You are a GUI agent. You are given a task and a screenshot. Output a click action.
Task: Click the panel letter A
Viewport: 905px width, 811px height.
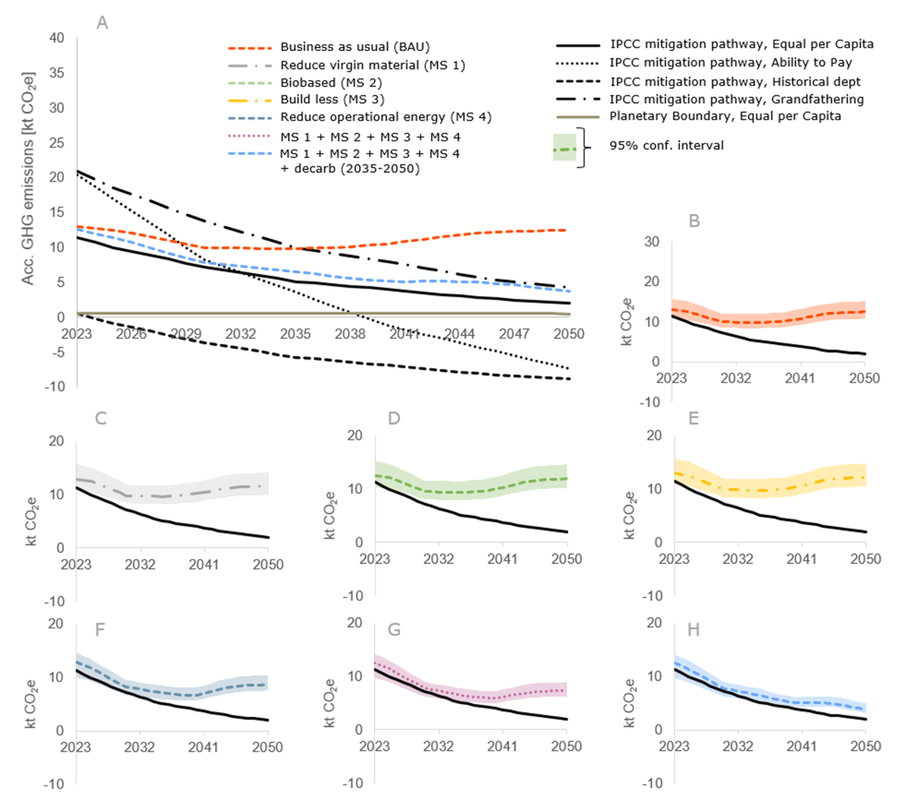pyautogui.click(x=103, y=23)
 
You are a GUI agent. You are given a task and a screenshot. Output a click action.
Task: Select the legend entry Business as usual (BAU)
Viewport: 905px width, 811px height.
pyautogui.click(x=354, y=47)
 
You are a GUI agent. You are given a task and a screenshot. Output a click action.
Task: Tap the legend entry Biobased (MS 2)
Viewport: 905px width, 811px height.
pyautogui.click(x=331, y=82)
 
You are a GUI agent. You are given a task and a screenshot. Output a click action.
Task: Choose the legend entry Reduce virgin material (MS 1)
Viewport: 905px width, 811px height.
pyautogui.click(x=373, y=65)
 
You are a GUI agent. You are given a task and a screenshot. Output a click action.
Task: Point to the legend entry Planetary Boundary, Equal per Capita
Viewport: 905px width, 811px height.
pyautogui.click(x=725, y=116)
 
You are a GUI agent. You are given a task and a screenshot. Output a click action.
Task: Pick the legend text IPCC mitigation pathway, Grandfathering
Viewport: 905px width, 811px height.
pyautogui.click(x=737, y=99)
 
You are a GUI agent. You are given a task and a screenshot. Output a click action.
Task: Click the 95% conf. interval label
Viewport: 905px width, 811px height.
pyautogui.click(x=666, y=145)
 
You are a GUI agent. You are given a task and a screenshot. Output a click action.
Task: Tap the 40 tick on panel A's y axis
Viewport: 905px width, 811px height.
pyautogui.click(x=57, y=38)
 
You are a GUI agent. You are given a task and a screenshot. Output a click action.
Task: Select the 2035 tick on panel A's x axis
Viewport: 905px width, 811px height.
pyautogui.click(x=295, y=333)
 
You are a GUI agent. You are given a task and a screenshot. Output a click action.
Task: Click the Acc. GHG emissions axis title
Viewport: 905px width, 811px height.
pyautogui.click(x=29, y=179)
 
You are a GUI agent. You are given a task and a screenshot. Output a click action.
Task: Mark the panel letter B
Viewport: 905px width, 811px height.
pyautogui.click(x=695, y=221)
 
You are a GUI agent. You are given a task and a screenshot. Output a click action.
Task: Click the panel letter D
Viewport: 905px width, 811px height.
pyautogui.click(x=394, y=418)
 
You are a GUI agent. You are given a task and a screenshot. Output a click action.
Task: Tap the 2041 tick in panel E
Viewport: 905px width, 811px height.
pyautogui.click(x=802, y=559)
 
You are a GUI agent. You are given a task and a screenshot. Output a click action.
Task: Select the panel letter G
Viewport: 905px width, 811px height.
pyautogui.click(x=394, y=629)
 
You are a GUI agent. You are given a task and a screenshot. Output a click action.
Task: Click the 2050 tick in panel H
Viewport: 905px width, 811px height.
pyautogui.click(x=865, y=746)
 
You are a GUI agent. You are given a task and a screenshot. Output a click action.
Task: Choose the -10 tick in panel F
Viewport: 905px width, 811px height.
pyautogui.click(x=54, y=784)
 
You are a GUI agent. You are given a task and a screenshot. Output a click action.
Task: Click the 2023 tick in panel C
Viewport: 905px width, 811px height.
pyautogui.click(x=76, y=564)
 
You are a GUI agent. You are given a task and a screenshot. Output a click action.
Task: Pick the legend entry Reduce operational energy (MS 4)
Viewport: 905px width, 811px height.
pyautogui.click(x=385, y=117)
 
